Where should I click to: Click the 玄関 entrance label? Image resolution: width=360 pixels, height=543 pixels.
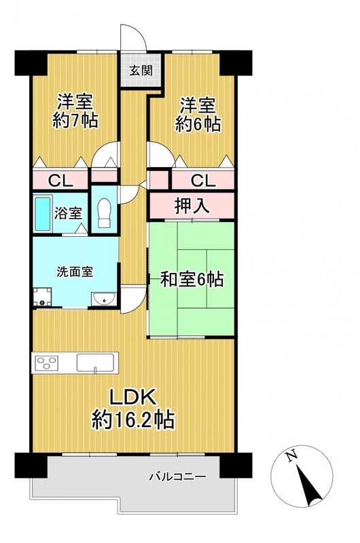(x=141, y=71)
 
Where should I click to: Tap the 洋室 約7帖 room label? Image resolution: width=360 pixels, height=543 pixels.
(x=75, y=111)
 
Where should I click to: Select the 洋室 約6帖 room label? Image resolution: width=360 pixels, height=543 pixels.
(x=198, y=114)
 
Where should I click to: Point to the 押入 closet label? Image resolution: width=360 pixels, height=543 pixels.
(x=192, y=206)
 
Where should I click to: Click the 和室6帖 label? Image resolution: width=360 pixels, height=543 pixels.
(x=192, y=279)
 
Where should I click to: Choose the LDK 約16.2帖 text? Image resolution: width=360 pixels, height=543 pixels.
(x=133, y=409)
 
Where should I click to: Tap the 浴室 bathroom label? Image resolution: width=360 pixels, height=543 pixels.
(x=68, y=213)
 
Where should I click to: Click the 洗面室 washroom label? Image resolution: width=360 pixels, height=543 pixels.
(x=75, y=272)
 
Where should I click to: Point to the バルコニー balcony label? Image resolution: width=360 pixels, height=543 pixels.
(x=177, y=477)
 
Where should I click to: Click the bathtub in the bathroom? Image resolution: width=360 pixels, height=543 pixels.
(x=43, y=213)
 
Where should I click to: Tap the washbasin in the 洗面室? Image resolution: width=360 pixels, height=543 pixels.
(x=103, y=299)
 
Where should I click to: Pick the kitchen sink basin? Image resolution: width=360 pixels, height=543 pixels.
(x=96, y=362)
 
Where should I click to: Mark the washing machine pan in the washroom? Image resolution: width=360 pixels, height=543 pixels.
(x=42, y=297)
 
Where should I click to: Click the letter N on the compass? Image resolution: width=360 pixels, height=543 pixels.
(x=292, y=456)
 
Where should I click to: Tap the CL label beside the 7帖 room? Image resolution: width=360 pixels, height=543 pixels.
(x=60, y=181)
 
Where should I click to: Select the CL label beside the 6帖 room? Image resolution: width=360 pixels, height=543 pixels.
(x=203, y=181)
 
